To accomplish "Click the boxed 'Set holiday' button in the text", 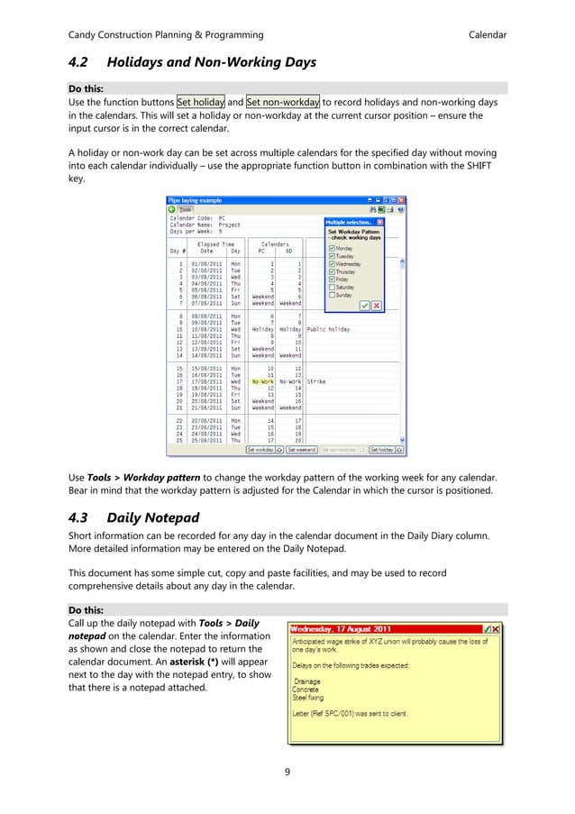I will [x=200, y=101].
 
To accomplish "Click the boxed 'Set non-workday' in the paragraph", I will [x=283, y=101].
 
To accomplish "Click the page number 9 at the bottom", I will [x=287, y=771].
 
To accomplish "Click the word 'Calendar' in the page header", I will [x=487, y=35].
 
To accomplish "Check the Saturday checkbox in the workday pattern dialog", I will [x=333, y=287].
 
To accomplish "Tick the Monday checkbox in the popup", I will [x=333, y=247].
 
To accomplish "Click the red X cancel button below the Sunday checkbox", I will [x=376, y=306].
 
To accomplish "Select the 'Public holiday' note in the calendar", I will [x=328, y=329].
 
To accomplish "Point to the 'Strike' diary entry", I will [x=315, y=381].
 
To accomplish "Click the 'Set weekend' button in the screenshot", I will [x=302, y=448].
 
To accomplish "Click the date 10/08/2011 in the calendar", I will [x=200, y=329].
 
